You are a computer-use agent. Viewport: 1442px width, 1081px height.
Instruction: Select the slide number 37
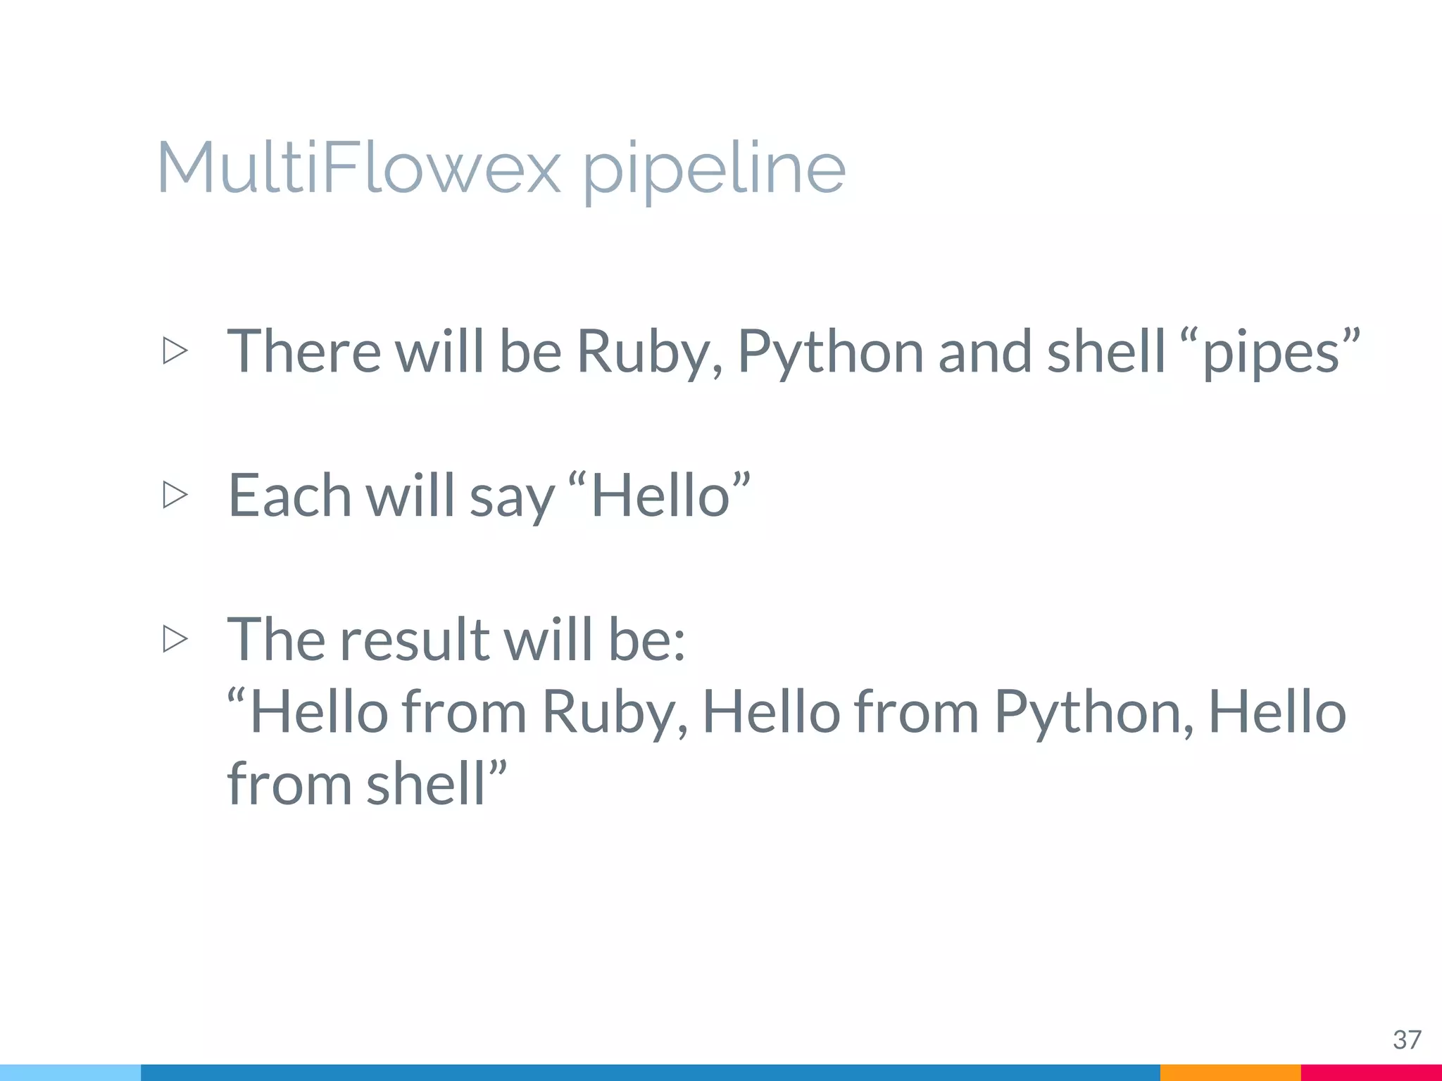point(1407,1039)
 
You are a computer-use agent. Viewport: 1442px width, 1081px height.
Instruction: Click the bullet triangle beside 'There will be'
point(175,350)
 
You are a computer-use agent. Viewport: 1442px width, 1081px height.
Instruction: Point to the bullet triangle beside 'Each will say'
point(175,495)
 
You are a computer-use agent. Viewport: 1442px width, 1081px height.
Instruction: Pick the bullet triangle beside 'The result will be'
point(175,639)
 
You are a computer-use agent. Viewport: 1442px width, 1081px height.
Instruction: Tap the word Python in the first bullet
point(830,352)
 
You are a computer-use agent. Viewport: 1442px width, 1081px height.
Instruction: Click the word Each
point(289,495)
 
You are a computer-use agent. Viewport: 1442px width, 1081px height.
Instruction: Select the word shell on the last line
point(426,784)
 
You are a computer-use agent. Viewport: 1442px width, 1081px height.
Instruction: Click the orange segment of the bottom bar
point(1230,1073)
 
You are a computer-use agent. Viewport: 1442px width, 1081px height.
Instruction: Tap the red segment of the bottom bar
point(1371,1073)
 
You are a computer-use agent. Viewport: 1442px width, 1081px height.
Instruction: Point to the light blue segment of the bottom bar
point(70,1073)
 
